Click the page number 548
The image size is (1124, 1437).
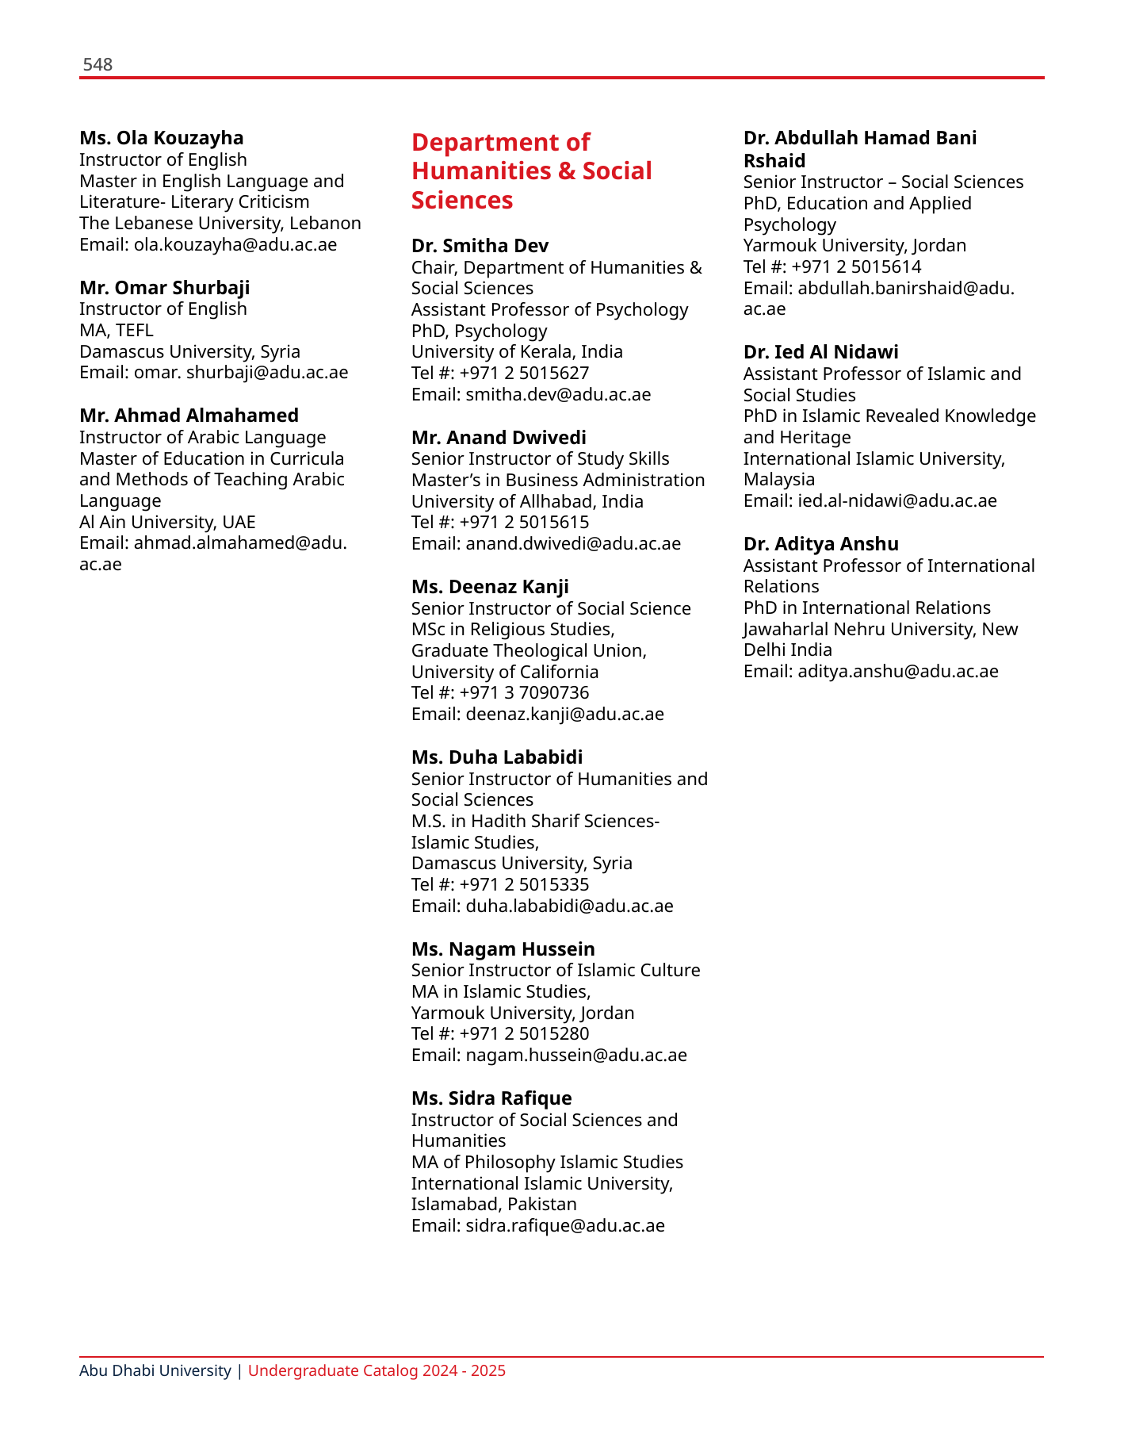(x=97, y=65)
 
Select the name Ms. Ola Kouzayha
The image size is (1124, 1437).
(x=162, y=138)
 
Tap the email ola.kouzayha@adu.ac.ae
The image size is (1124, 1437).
(x=235, y=245)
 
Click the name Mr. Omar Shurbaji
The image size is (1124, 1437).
(x=165, y=288)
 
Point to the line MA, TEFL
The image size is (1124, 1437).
(x=117, y=330)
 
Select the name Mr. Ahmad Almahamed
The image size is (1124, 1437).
(x=189, y=416)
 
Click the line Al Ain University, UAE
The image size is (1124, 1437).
(x=167, y=522)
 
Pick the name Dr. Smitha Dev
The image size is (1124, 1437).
(x=480, y=246)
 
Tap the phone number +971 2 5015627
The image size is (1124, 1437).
(x=524, y=373)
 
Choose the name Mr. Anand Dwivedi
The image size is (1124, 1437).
(x=499, y=438)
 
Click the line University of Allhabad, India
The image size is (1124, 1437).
(x=527, y=501)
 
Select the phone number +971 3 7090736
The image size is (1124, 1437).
(x=524, y=693)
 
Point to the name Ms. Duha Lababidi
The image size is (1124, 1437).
(x=497, y=757)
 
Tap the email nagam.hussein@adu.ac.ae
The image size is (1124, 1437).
(x=576, y=1056)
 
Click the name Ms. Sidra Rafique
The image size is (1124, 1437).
(x=491, y=1098)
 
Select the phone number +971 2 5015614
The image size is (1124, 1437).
(x=856, y=266)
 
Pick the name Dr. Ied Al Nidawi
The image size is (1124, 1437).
(x=820, y=352)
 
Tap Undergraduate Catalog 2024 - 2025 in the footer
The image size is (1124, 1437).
(x=377, y=1370)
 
